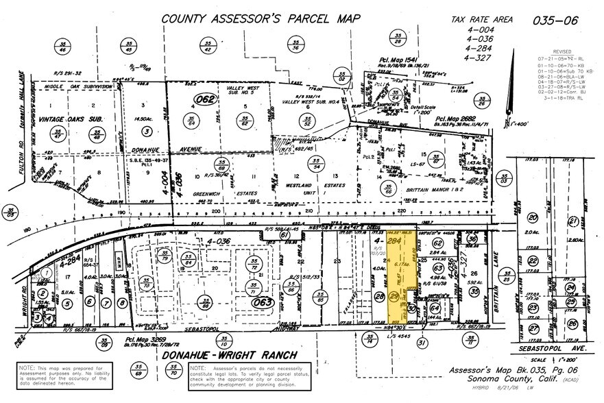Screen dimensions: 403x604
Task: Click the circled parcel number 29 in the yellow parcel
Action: (x=394, y=297)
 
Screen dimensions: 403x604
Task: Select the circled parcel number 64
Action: (x=434, y=308)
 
